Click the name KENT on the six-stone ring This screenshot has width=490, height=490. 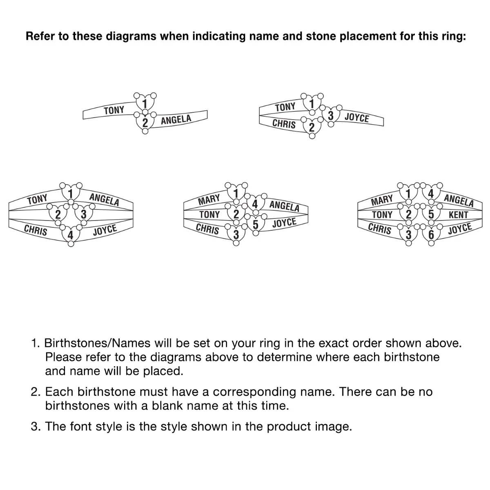click(458, 215)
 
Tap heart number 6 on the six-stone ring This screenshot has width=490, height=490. click(431, 234)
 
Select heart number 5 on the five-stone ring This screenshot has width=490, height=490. click(256, 224)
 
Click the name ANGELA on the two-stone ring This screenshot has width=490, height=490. click(176, 120)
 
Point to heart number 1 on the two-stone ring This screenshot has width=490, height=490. click(145, 103)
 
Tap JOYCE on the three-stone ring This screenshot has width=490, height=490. click(357, 118)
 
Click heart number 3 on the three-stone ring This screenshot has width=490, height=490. click(331, 115)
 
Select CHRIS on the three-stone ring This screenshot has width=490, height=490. click(284, 124)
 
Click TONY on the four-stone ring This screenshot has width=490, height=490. click(37, 199)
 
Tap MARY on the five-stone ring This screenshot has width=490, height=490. click(209, 200)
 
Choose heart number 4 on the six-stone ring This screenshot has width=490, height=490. click(431, 194)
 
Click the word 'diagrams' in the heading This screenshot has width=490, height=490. click(131, 36)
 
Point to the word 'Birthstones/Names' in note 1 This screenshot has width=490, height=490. click(98, 343)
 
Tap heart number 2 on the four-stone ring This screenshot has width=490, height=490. click(58, 214)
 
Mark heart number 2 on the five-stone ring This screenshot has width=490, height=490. click(236, 214)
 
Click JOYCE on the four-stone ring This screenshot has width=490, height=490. click(105, 230)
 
